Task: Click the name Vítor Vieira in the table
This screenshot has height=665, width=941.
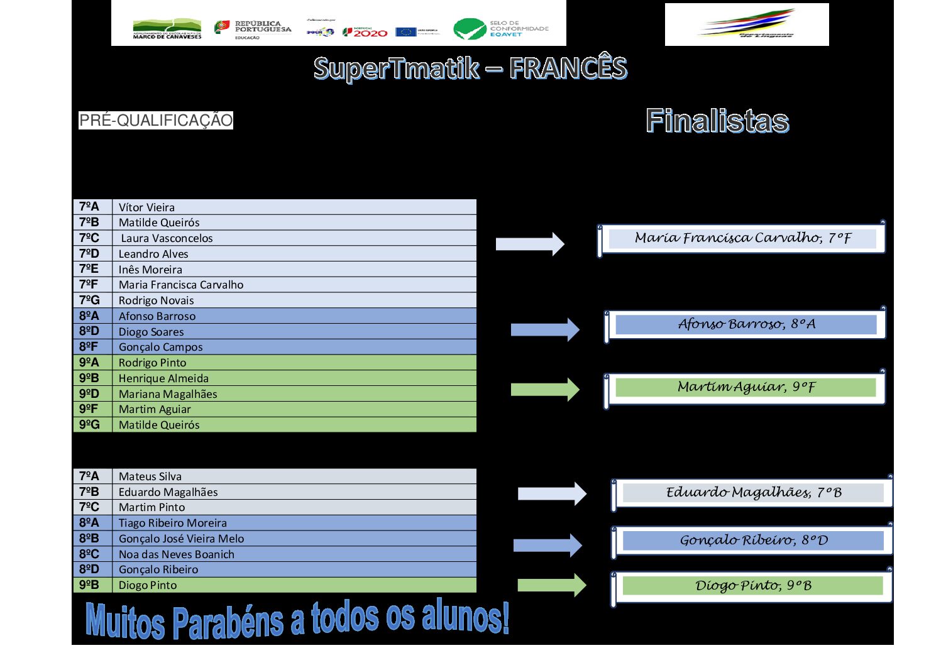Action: coord(146,207)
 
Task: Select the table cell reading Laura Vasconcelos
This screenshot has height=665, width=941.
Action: coord(167,238)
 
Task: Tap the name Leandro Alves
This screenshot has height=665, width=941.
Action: coord(153,254)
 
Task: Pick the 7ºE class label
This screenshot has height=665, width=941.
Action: coord(89,269)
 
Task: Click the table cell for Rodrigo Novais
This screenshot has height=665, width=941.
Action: coord(156,300)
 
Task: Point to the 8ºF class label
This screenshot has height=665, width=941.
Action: coord(89,347)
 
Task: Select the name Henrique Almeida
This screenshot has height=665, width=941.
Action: coord(163,378)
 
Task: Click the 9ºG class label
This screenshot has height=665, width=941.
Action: coord(89,425)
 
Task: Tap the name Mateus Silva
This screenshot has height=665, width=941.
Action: coord(150,476)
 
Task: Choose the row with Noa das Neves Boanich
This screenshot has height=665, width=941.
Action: coord(176,554)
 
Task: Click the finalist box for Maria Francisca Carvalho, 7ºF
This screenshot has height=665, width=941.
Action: coord(742,238)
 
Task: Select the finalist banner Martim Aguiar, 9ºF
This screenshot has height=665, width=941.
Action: coord(746,387)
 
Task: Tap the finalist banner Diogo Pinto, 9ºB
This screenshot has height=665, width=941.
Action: coord(752,586)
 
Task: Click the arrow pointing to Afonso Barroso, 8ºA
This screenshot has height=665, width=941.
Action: coord(545,329)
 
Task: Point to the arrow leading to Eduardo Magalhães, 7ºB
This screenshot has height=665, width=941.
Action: coord(551,494)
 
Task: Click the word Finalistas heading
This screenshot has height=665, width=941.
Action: coord(717,121)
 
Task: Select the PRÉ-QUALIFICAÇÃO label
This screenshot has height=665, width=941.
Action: coord(155,120)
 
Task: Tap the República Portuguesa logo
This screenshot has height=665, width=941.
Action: coord(253,29)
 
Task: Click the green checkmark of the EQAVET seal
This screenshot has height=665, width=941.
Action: coord(468,29)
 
